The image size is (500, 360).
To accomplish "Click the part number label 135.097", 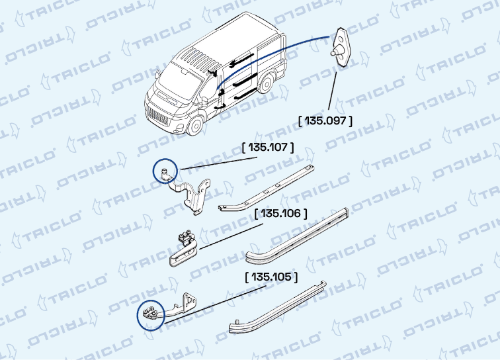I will [x=325, y=120].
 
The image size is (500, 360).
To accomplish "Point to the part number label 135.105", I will [x=271, y=276].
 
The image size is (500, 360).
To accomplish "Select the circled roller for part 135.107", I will [x=165, y=172].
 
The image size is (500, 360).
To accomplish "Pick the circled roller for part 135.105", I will [x=149, y=315].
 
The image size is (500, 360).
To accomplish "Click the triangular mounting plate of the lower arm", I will [x=189, y=300].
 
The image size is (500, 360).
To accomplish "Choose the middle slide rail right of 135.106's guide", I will [x=298, y=235].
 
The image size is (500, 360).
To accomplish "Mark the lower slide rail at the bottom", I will [x=278, y=308].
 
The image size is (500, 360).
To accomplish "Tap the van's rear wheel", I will [x=267, y=86].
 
